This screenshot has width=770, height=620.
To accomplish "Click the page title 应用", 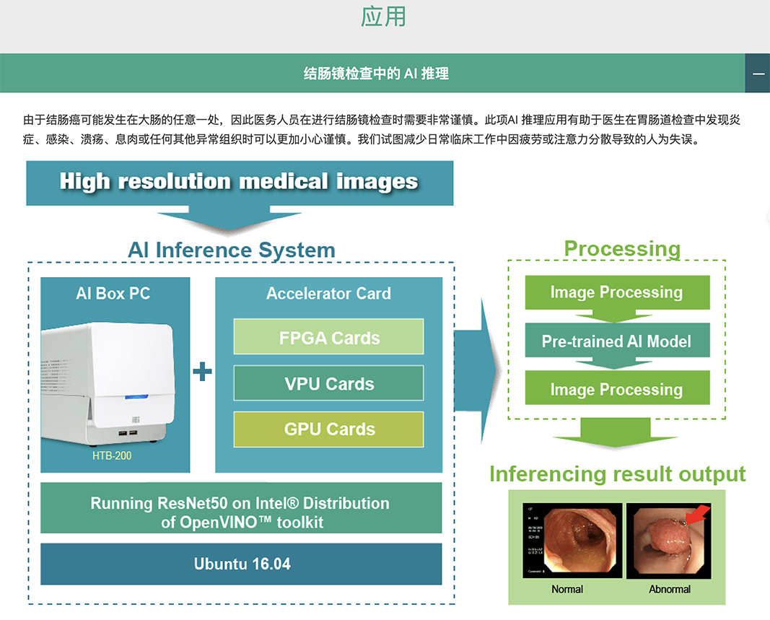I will tap(383, 17).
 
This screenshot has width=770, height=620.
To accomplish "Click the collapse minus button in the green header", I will tap(758, 74).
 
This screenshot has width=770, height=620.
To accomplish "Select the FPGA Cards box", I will tap(329, 338).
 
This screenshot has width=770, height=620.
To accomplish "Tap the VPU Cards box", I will tap(329, 384).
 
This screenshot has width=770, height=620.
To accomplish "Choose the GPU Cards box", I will tap(329, 429).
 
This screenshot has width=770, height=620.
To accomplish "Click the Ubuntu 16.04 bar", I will tap(241, 564).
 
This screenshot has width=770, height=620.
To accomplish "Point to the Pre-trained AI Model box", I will tap(616, 341).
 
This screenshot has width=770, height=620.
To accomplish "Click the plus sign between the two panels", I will tap(203, 372).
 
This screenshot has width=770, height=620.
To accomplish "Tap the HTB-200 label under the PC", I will tap(112, 456).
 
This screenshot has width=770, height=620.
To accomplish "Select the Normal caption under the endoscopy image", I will tap(567, 589).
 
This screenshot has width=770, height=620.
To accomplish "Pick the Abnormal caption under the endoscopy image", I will tap(670, 589).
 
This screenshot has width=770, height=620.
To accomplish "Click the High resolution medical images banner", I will tap(239, 181).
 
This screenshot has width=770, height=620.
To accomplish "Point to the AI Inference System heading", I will tap(232, 250).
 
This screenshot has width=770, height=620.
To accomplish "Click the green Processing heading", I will tap(622, 249).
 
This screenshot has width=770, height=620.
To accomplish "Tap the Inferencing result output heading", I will tap(617, 474).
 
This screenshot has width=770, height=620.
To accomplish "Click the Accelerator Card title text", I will tap(328, 294).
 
